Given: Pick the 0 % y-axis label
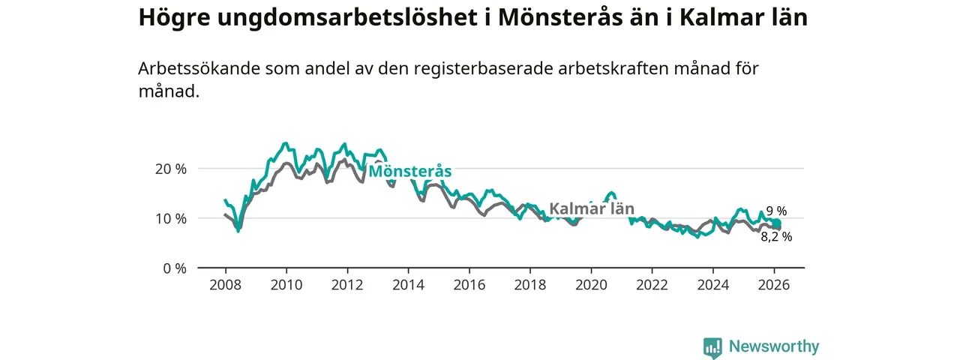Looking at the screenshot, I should (175, 268).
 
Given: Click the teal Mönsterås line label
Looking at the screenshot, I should (409, 172).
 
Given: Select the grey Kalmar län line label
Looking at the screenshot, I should (592, 208).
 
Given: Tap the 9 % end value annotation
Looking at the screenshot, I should (776, 211).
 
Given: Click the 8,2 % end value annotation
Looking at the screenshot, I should (775, 237).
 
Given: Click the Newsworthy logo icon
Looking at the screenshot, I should (712, 347).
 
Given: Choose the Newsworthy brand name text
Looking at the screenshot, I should (774, 346).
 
